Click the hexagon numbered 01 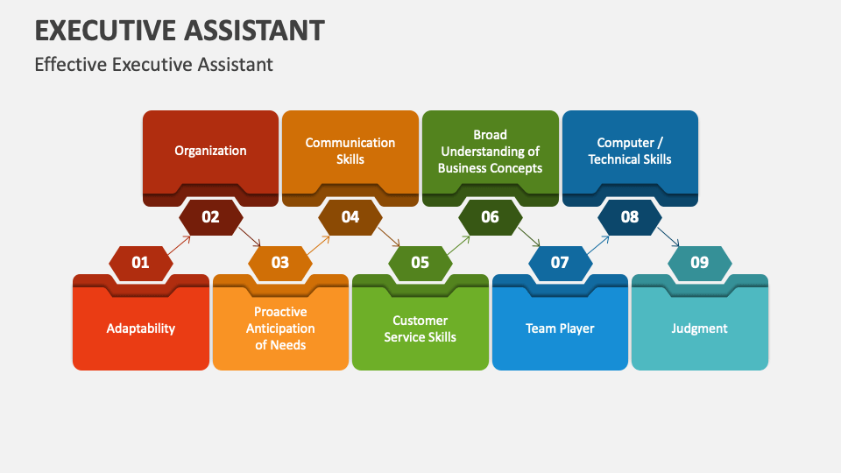[x=140, y=262]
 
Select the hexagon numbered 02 [x=210, y=216]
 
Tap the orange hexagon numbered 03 [x=280, y=262]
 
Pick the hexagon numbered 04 [x=350, y=216]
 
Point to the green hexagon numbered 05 [x=420, y=262]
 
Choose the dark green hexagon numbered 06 [x=490, y=216]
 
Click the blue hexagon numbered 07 [x=560, y=262]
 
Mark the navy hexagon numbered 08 [x=630, y=216]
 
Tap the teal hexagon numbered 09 [x=700, y=262]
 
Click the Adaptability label [x=141, y=328]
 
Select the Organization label [x=210, y=151]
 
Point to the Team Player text [x=560, y=328]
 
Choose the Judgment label [x=700, y=328]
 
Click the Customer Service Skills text [x=420, y=328]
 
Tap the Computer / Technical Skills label [x=630, y=151]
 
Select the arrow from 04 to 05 [x=389, y=237]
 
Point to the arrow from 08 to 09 [x=668, y=237]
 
